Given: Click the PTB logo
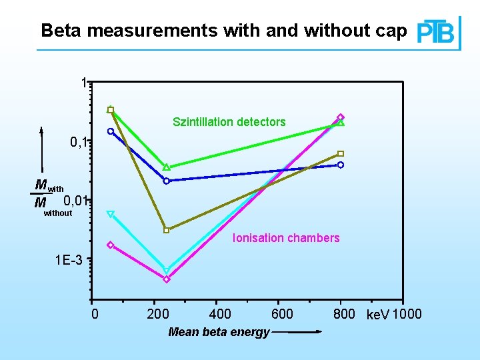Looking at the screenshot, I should (437, 32).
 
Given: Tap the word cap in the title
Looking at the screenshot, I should (392, 31).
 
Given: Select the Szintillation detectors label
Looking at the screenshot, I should (229, 122).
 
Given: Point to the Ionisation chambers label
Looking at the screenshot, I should (286, 238).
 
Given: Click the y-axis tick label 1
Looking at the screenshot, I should (83, 84).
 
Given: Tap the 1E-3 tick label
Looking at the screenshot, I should (69, 260).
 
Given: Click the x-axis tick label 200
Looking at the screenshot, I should (157, 314).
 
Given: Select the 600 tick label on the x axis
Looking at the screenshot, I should (283, 314).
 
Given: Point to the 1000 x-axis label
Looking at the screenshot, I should (407, 314).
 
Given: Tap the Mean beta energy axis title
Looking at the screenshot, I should (219, 332).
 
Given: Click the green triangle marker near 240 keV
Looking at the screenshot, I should (167, 167).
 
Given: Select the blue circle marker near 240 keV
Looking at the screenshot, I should (167, 181).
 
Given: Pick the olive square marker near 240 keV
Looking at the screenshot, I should (167, 230).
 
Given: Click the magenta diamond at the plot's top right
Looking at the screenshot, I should (341, 117).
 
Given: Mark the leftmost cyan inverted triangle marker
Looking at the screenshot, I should (111, 215).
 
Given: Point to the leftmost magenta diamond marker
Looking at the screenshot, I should (111, 245).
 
